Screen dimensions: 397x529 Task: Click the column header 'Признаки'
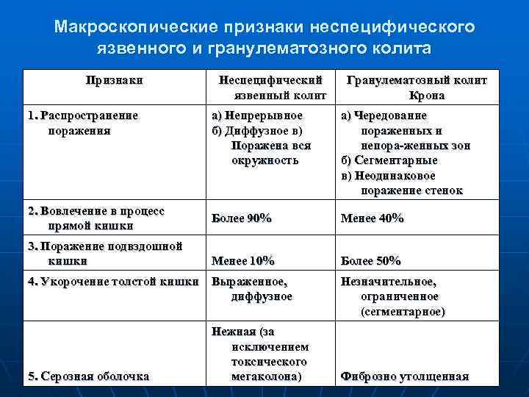coord(114,80)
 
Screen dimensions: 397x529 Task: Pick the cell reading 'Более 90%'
coord(242,218)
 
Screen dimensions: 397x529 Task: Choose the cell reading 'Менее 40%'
coord(372,218)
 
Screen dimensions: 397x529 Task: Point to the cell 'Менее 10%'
coord(242,261)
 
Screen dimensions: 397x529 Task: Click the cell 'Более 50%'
coord(370,261)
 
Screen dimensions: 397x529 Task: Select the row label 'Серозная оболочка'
coord(88,376)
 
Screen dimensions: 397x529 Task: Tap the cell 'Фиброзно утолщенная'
coord(405,376)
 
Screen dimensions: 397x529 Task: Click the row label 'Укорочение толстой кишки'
coord(112,282)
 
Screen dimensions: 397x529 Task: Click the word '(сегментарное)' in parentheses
coord(403,311)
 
